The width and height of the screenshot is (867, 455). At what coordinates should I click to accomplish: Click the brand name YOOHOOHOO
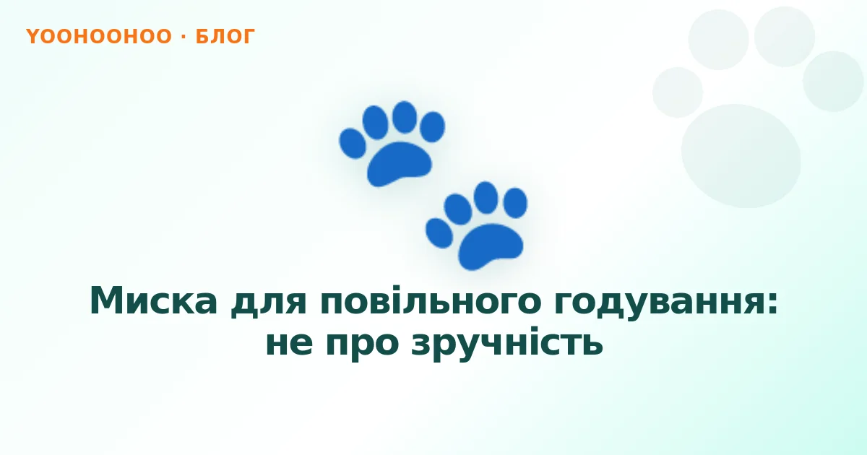[99, 36]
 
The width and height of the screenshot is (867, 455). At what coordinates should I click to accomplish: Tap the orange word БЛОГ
[225, 37]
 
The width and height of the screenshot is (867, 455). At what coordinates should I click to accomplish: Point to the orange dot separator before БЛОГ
[184, 36]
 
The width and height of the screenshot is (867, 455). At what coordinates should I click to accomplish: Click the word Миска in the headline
[154, 301]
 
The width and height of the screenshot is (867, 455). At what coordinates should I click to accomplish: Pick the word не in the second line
[289, 344]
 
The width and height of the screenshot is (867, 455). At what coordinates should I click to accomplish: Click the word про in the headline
[362, 346]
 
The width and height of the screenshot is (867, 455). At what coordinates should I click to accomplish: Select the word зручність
[506, 342]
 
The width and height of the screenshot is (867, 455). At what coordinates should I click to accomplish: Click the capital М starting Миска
[109, 300]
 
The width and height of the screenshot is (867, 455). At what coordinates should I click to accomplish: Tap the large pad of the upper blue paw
[399, 163]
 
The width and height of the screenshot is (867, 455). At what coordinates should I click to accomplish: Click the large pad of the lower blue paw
[491, 246]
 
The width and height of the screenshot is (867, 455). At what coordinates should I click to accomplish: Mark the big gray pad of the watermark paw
[741, 156]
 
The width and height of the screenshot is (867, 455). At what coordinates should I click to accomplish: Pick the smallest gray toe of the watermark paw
[678, 92]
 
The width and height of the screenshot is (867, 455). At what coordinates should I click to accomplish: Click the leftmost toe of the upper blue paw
[353, 144]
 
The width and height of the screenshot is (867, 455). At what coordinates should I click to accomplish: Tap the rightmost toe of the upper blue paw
[432, 127]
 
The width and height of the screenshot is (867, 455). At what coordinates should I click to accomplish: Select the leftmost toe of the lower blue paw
[439, 233]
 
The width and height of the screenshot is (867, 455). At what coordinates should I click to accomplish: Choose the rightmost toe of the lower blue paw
[515, 203]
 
